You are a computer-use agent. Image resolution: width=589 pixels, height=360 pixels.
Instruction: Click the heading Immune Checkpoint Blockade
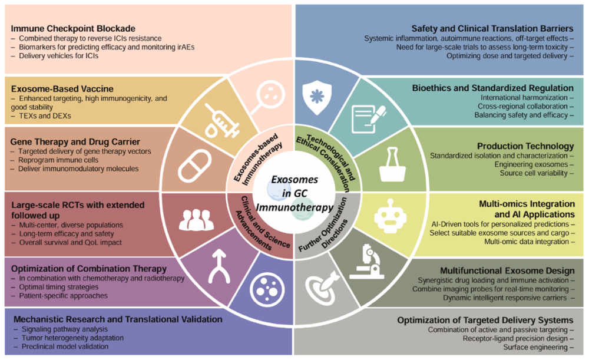[x=74, y=28]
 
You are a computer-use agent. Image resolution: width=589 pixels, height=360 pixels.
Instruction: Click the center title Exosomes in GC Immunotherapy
[x=294, y=195]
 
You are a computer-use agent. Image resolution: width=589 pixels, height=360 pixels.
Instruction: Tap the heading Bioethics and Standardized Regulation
[x=498, y=88]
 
